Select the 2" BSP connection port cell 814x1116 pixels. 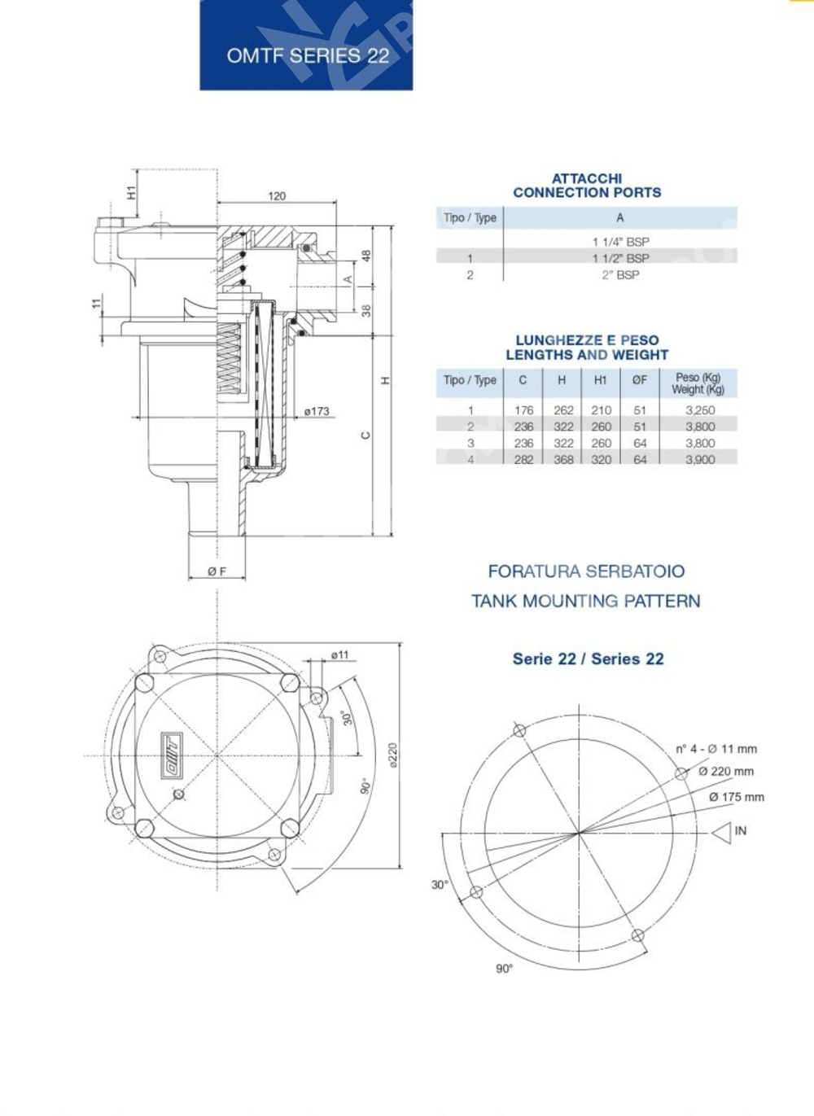[620, 275]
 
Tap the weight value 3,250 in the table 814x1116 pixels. [699, 410]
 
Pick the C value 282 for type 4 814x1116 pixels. [523, 460]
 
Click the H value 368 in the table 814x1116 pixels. [563, 460]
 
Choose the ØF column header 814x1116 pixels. [640, 380]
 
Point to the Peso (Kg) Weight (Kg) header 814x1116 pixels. [698, 383]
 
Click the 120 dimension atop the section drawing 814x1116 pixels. [277, 196]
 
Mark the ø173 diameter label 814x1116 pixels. [317, 411]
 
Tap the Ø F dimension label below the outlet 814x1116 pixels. [217, 572]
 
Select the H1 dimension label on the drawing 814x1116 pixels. [131, 192]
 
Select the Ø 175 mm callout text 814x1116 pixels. [736, 797]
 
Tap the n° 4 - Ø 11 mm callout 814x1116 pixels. [716, 749]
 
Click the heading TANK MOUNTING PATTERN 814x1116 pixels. [585, 602]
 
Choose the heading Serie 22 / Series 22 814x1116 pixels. [588, 659]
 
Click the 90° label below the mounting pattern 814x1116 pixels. [504, 969]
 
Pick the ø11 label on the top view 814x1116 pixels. [339, 654]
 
